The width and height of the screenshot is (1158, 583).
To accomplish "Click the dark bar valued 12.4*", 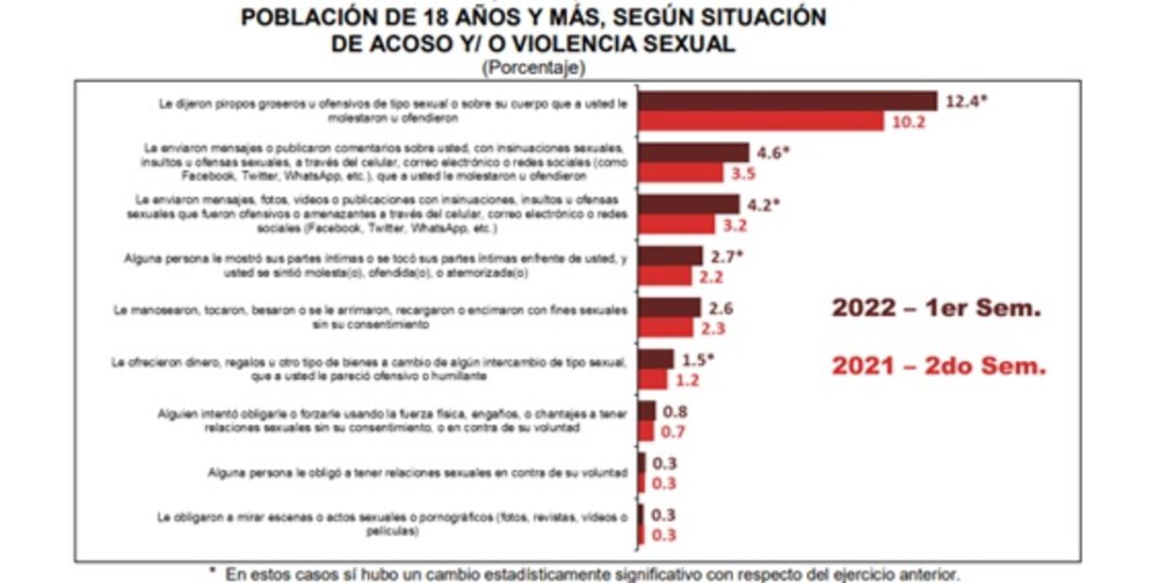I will (787, 102).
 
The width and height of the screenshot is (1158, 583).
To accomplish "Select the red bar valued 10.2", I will (760, 121).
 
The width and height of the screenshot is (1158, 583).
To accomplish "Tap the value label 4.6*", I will (774, 152).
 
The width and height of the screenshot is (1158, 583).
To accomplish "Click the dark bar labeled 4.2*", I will (689, 204).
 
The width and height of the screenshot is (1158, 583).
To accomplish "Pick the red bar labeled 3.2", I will (676, 224).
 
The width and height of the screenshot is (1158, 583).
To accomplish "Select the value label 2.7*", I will (726, 256).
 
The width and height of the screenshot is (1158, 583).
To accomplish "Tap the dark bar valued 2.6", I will (669, 307).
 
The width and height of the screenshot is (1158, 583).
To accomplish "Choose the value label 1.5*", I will (699, 359).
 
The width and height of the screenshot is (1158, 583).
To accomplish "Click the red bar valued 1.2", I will (653, 379).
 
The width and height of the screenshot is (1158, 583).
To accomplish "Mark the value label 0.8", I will (675, 411).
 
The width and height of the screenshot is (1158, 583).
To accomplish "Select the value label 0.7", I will (674, 432).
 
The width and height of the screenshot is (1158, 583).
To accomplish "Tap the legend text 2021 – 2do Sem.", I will (938, 367).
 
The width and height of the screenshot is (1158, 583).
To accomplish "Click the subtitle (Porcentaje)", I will (532, 68).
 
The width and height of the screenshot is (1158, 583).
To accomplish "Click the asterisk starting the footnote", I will (212, 571).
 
